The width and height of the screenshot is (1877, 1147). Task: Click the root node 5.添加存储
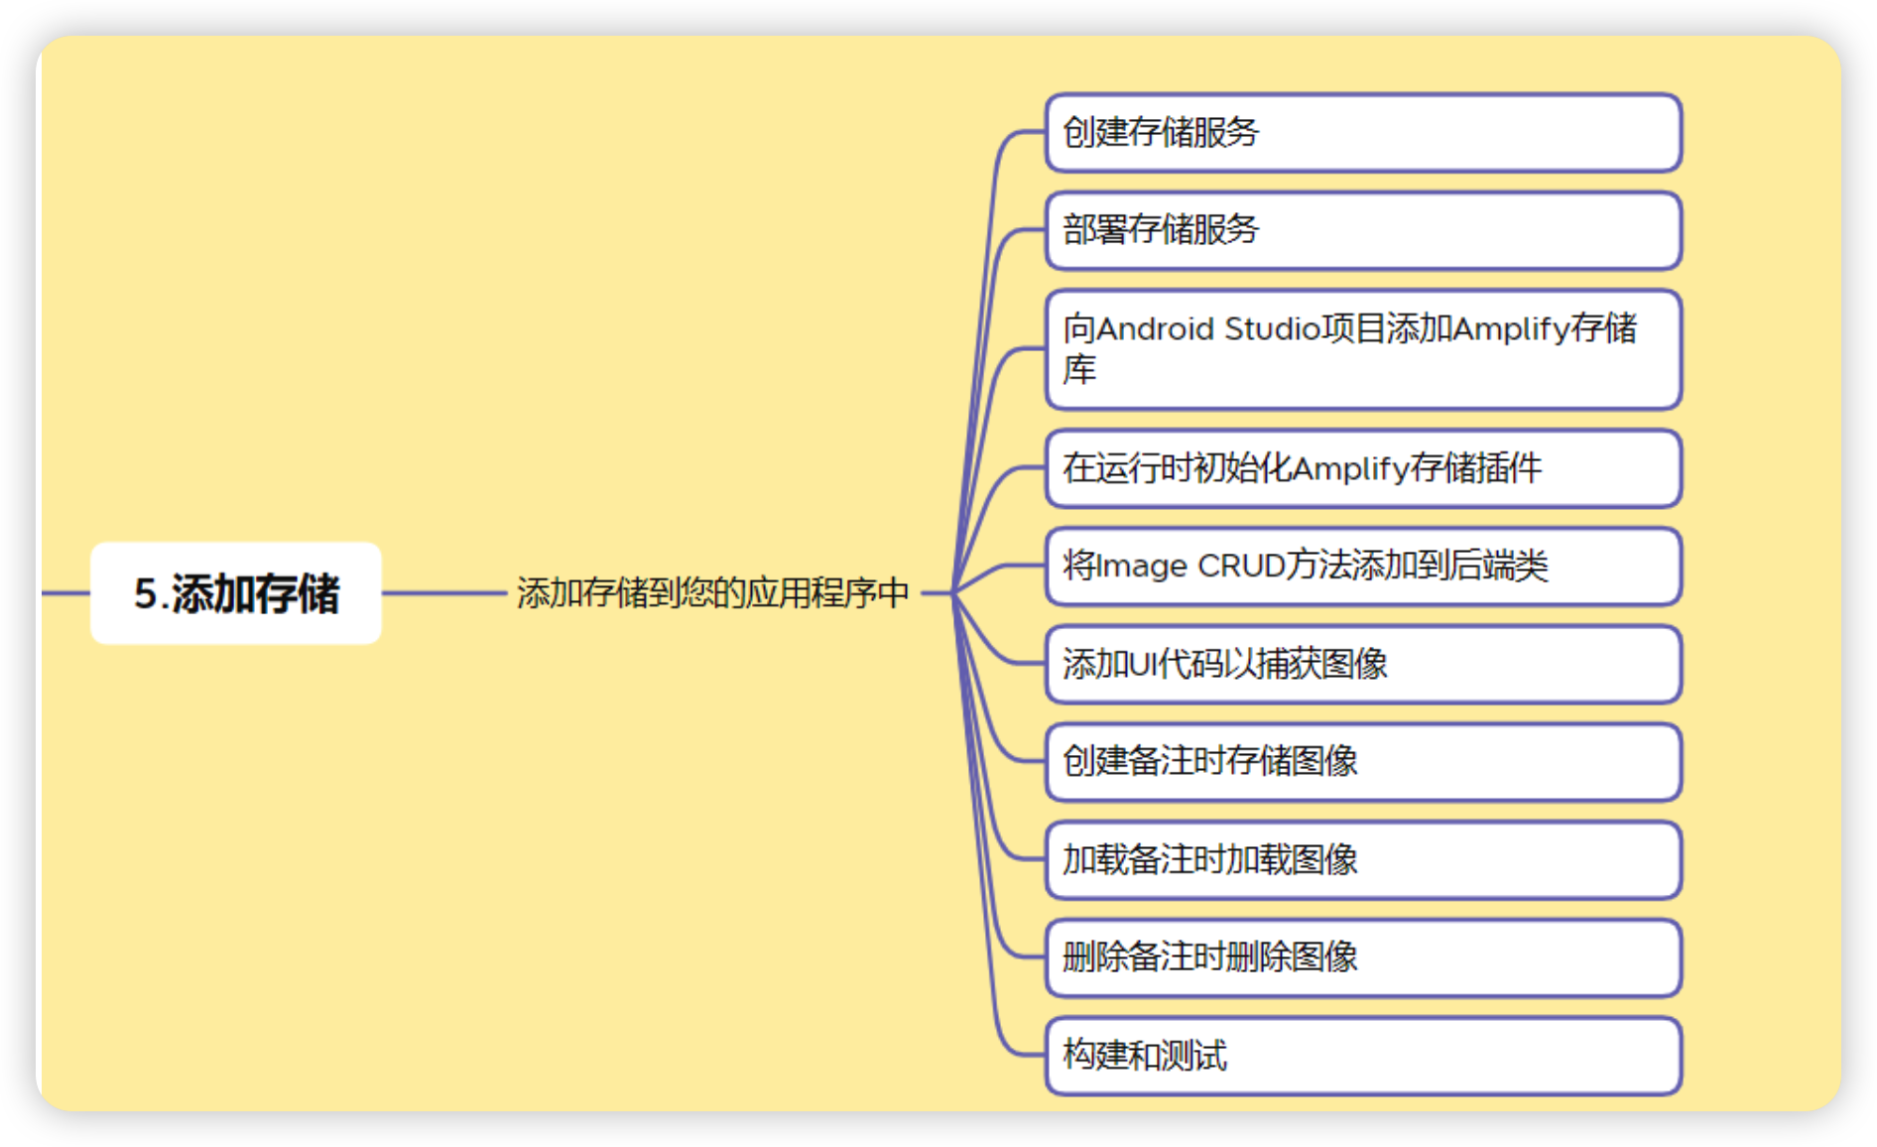pos(236,593)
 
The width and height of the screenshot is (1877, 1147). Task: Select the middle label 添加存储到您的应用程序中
pos(712,593)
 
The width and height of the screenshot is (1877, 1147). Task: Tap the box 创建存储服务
pos(1363,133)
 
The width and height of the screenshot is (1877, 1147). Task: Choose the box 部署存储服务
pos(1363,230)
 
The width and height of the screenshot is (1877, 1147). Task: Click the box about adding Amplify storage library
pos(1363,349)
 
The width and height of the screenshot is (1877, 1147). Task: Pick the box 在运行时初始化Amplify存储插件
pos(1363,468)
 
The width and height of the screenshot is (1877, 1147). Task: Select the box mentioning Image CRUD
pos(1363,566)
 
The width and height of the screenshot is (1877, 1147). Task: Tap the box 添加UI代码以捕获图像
pos(1363,664)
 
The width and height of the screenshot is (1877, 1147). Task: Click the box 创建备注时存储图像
pos(1363,761)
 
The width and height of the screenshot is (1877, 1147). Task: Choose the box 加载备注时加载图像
pos(1363,859)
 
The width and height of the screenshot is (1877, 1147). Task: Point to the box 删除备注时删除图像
pos(1363,957)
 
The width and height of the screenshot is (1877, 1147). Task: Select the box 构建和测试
pos(1363,1056)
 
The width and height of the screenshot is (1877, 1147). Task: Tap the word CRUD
pos(1241,566)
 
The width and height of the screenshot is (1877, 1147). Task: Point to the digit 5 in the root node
pos(146,593)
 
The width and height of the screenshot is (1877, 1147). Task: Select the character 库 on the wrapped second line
pos(1079,369)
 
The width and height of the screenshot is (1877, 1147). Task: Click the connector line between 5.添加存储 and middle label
pos(444,593)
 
